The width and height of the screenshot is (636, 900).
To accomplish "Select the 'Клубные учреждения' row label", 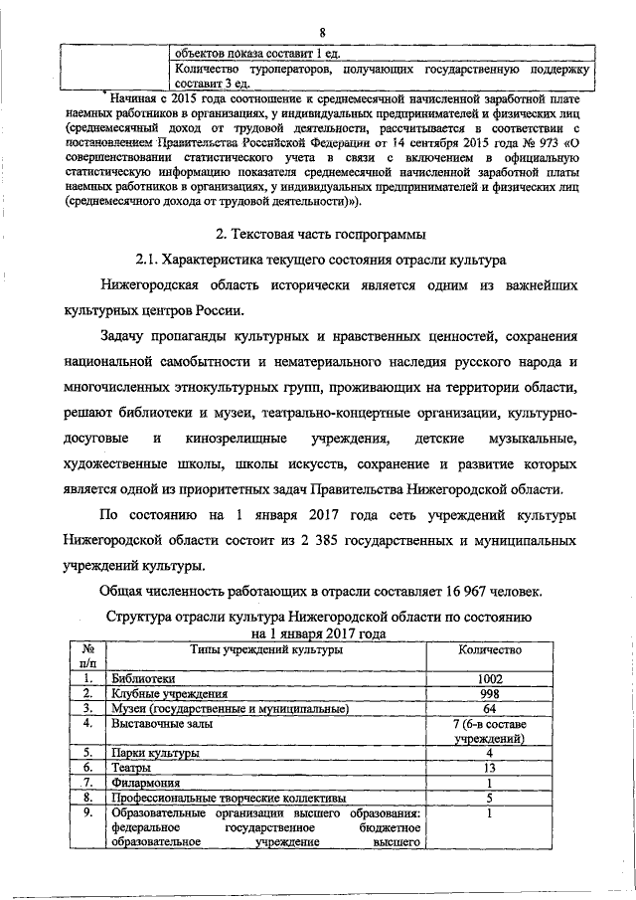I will coord(170,694).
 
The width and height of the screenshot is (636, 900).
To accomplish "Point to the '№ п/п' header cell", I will coord(87,656).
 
